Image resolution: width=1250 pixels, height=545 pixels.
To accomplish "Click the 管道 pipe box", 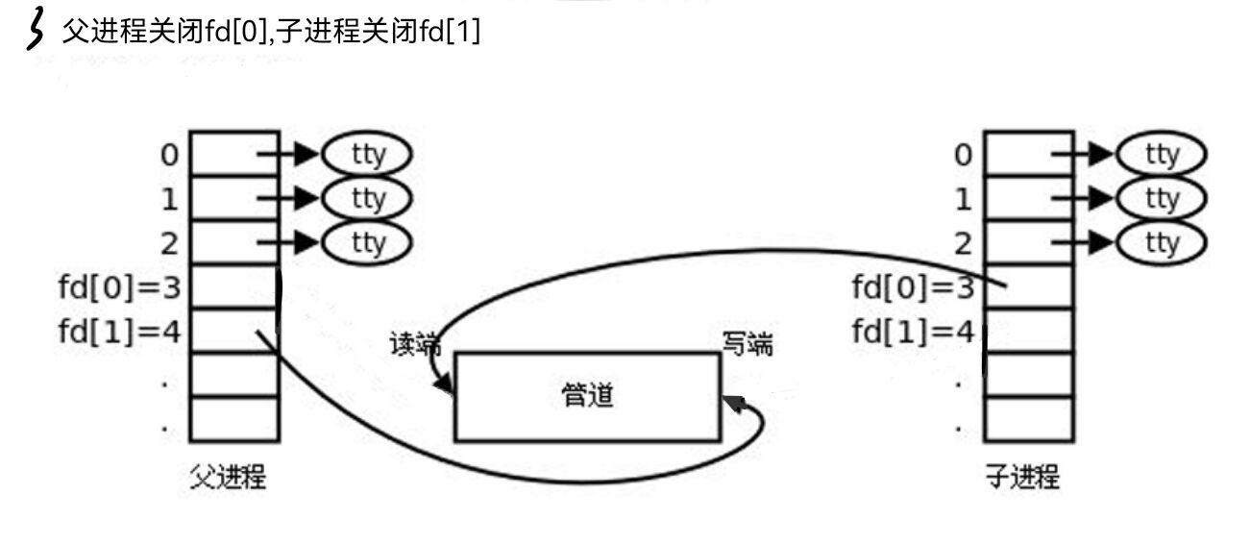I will [x=586, y=396].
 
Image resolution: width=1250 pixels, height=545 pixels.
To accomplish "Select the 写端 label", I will [x=747, y=344].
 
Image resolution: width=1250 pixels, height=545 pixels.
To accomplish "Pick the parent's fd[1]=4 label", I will [x=120, y=332].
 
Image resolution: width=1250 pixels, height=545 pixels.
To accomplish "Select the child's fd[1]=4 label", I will [x=914, y=332].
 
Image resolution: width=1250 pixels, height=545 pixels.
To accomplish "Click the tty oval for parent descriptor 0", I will [x=367, y=154].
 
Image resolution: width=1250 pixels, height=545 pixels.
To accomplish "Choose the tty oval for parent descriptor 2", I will [x=367, y=242].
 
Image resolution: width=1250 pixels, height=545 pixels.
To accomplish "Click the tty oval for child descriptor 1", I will [x=1161, y=199].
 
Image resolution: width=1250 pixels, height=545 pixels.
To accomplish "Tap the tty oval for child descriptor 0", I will [x=1161, y=154].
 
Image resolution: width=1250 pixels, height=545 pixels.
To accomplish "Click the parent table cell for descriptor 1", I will [x=233, y=198].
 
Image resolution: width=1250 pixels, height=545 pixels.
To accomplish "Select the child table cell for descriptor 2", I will [x=1027, y=242].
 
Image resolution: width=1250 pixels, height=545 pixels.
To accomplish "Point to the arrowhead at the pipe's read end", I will [x=446, y=386].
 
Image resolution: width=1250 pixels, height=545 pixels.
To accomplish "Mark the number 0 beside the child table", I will [x=963, y=155].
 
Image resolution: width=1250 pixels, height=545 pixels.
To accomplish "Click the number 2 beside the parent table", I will [x=169, y=243].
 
